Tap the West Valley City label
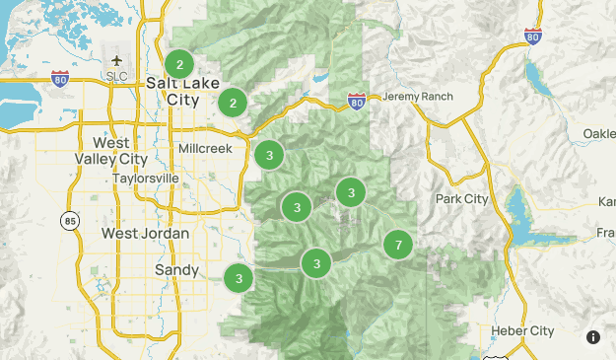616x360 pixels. (111, 150)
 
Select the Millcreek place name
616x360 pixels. (205, 148)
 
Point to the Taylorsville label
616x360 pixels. (146, 179)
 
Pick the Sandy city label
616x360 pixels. (177, 269)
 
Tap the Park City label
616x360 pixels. (461, 199)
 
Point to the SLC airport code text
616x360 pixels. (116, 77)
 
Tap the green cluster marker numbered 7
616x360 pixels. (398, 245)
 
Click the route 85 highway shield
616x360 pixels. (68, 220)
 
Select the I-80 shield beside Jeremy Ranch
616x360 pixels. (357, 101)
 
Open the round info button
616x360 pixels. (593, 336)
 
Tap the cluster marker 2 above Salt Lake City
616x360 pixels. (179, 65)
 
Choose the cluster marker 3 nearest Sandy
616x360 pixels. (239, 279)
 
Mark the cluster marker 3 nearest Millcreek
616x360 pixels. (269, 155)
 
